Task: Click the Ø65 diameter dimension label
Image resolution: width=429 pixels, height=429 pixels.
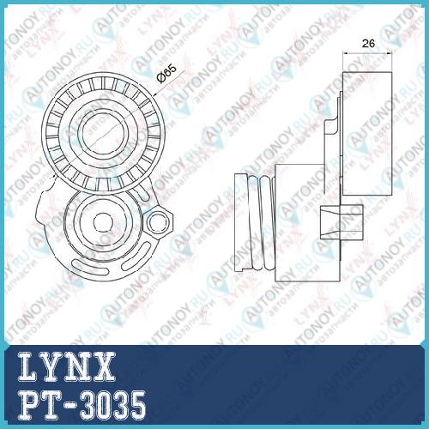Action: [x=166, y=73]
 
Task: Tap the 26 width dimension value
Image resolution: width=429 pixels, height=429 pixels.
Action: [x=368, y=44]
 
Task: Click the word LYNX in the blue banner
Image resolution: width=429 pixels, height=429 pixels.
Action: [x=66, y=367]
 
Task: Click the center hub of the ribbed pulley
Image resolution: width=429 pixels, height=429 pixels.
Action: [x=103, y=132]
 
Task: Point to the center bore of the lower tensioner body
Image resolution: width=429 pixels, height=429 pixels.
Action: [x=104, y=223]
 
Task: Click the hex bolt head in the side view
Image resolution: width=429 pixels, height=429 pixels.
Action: [x=341, y=222]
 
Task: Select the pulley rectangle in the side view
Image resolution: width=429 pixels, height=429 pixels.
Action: [x=367, y=134]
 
